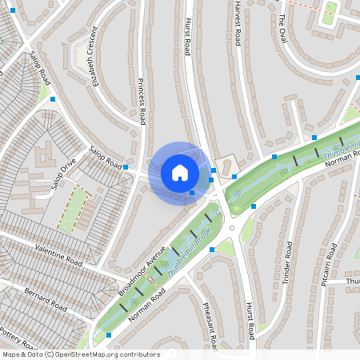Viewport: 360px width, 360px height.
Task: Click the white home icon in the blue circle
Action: [180, 173]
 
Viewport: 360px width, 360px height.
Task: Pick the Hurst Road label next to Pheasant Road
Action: [250, 318]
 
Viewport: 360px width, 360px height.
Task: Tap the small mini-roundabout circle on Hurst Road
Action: [232, 227]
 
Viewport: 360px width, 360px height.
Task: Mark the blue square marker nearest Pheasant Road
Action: [212, 250]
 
